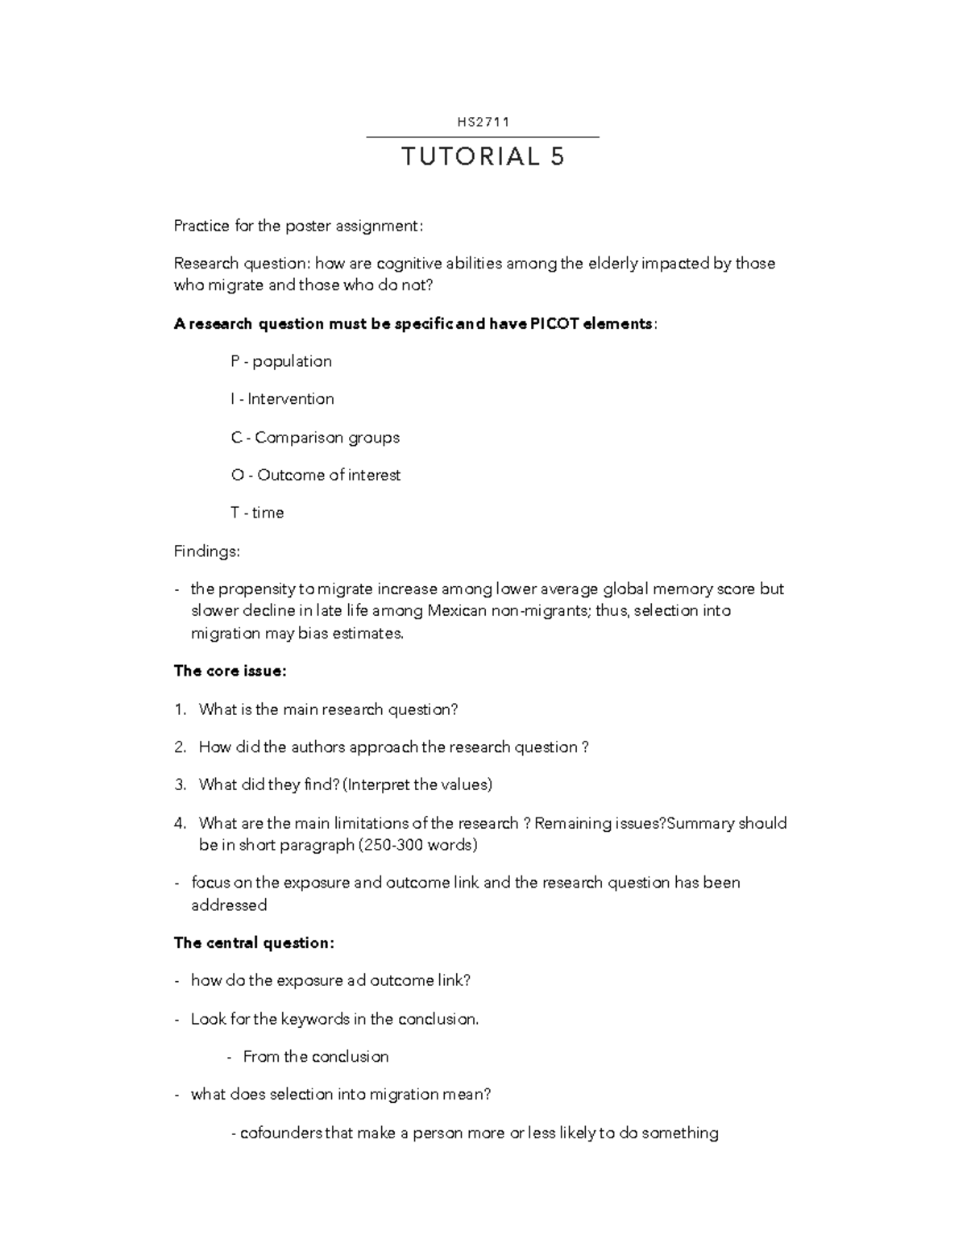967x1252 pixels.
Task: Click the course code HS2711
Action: pos(483,123)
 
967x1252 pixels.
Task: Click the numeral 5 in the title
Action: pos(558,156)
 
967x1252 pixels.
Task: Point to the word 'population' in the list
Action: pos(292,361)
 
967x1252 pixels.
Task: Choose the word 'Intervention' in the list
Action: pos(290,399)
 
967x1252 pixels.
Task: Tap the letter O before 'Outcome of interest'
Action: pos(237,476)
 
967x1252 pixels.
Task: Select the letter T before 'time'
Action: pos(234,513)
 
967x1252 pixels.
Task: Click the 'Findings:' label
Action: pos(207,551)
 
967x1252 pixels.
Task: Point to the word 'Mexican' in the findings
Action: pos(457,611)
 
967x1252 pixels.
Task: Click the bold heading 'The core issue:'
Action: pos(230,671)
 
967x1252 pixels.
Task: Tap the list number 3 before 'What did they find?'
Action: pos(179,784)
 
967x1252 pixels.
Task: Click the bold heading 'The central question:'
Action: pos(254,942)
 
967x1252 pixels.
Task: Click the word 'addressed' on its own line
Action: pos(229,905)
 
